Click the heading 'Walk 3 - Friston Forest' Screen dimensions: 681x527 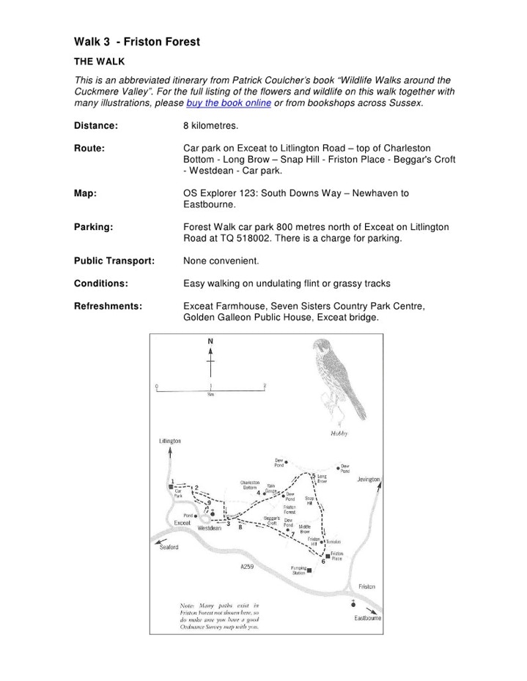136,42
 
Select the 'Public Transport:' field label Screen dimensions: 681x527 114,261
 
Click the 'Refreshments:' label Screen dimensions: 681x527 108,306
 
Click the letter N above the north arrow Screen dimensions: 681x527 210,341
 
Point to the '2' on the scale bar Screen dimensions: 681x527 265,385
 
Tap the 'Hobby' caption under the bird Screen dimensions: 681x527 339,433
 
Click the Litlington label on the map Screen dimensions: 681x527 169,442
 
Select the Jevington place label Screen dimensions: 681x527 369,480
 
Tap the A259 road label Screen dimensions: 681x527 247,567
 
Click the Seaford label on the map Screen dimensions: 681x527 169,547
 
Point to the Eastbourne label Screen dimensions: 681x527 368,618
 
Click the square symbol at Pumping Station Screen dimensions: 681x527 310,570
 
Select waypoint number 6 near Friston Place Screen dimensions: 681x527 323,562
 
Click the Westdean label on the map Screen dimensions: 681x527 210,528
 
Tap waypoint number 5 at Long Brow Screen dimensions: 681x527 314,475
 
